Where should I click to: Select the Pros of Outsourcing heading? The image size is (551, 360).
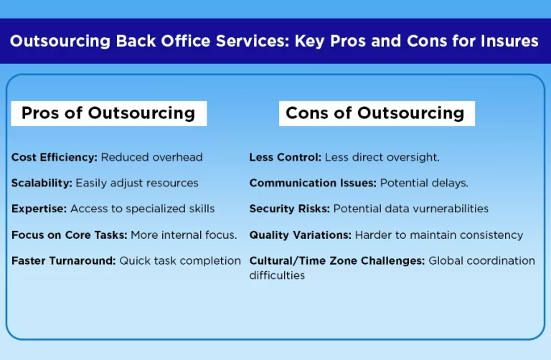click(108, 113)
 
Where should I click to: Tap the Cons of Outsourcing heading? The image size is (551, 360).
click(375, 113)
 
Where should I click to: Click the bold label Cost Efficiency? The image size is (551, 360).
click(55, 157)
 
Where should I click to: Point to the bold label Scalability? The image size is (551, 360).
click(42, 183)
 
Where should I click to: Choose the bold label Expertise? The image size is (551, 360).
click(40, 209)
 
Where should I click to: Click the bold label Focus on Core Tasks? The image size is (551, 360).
click(65, 235)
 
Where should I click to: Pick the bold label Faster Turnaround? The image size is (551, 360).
click(63, 260)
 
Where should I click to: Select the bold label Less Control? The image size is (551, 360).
click(286, 157)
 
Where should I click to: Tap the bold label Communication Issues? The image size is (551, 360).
click(313, 183)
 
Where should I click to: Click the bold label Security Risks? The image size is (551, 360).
click(290, 209)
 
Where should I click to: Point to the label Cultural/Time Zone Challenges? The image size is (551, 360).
click(337, 260)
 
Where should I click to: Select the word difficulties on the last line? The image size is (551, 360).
click(277, 275)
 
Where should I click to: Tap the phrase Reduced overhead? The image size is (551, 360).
click(151, 157)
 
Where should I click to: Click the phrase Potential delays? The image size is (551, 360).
click(424, 183)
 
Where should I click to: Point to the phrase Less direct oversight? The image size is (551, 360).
click(382, 157)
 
